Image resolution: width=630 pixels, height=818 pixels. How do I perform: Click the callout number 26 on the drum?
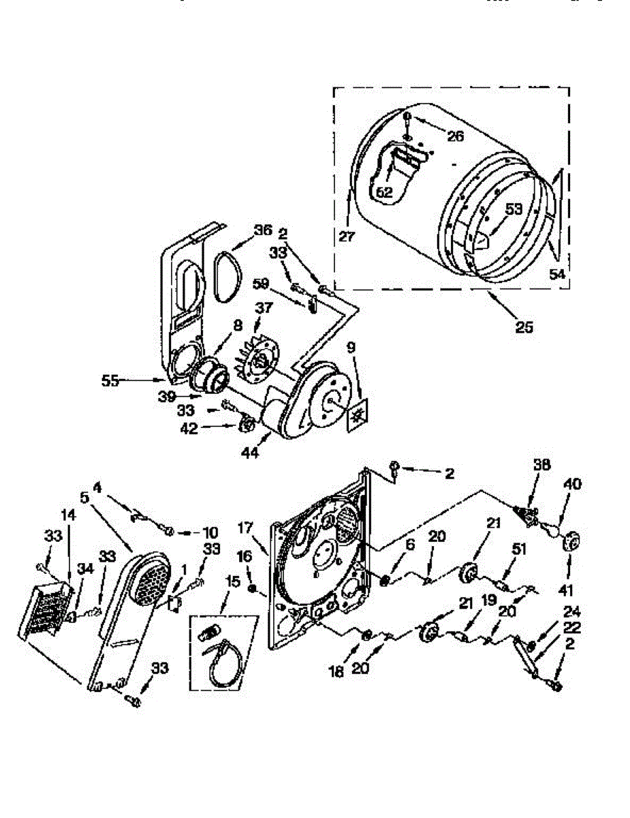pos(456,136)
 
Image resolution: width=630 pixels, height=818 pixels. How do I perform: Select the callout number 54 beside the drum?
pos(558,274)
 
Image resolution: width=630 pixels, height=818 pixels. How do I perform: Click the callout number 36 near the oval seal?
pos(263,231)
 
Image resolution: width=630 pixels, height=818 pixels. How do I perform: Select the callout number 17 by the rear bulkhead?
pos(246,527)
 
